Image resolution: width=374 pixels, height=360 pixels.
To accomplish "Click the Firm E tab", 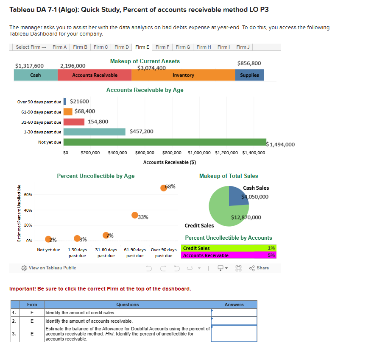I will [x=142, y=47].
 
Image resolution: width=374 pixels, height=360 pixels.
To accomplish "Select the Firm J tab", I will [x=243, y=47].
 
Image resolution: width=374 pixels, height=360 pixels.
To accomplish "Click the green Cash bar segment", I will [x=36, y=75].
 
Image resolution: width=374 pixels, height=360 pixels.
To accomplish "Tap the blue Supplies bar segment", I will [x=249, y=75].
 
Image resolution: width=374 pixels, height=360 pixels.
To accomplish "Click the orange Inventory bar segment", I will [x=183, y=75].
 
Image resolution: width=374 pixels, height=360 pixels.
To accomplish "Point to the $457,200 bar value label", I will [x=141, y=131].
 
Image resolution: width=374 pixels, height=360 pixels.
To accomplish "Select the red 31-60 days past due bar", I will [x=74, y=122].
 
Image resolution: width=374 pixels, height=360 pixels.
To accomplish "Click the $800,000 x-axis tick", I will [x=172, y=153].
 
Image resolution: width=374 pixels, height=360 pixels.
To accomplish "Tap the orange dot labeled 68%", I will [x=164, y=188].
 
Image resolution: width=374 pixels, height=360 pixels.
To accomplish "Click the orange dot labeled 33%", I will [x=135, y=215].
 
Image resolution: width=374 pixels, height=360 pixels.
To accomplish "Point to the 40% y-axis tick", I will [x=28, y=210].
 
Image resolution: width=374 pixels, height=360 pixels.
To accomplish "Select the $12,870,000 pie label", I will [x=246, y=217].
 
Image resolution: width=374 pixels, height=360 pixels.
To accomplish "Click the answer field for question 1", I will [x=234, y=313].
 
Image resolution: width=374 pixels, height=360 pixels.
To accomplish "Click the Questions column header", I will [x=127, y=305].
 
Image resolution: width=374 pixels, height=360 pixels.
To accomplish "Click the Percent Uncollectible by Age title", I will [x=96, y=176].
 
